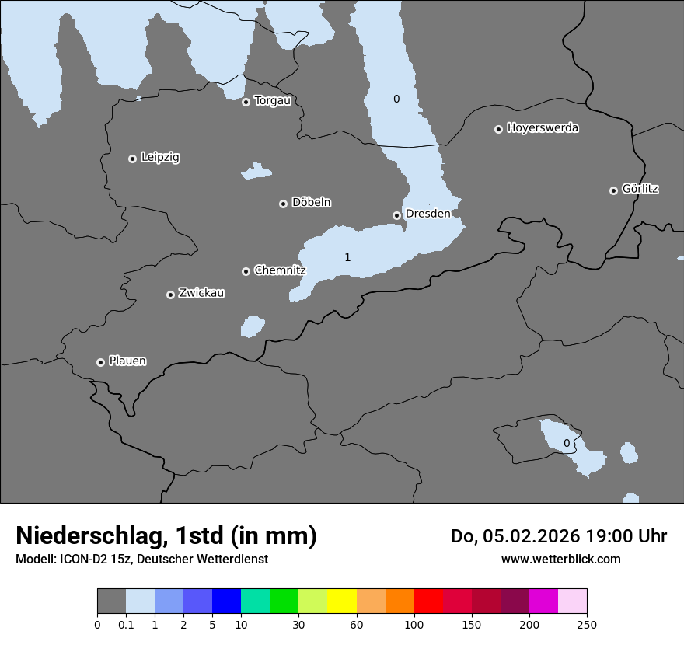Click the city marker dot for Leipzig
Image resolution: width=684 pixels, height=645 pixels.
(132, 159)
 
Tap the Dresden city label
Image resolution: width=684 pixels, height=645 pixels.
(427, 214)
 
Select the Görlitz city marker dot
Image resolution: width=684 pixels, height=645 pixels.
(613, 190)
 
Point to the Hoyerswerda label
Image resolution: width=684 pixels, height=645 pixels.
(543, 128)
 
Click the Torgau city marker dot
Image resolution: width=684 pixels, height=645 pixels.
(246, 102)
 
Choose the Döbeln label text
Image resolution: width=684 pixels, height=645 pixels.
(311, 203)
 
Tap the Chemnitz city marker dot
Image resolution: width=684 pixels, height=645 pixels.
(246, 271)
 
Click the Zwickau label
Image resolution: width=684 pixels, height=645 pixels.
(201, 293)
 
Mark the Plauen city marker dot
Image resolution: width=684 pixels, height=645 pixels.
(100, 362)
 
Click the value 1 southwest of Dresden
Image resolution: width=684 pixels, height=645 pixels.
(347, 257)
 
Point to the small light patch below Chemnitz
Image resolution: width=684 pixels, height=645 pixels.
(252, 326)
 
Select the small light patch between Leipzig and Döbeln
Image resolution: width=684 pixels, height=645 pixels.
(256, 171)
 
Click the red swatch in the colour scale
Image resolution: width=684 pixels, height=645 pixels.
(428, 601)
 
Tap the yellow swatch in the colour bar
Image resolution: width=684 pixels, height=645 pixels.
(342, 601)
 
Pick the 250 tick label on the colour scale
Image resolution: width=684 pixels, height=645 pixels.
(587, 625)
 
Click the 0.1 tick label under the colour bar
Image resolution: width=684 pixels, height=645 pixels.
(126, 625)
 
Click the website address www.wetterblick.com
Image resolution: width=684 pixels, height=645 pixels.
(560, 559)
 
